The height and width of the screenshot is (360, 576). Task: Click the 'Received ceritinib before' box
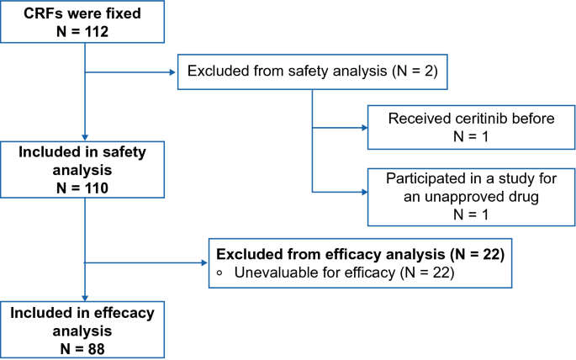pyautogui.click(x=470, y=129)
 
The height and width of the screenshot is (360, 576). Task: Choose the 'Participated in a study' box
pyautogui.click(x=470, y=196)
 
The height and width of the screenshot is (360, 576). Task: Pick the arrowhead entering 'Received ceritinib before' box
pyautogui.click(x=363, y=129)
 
